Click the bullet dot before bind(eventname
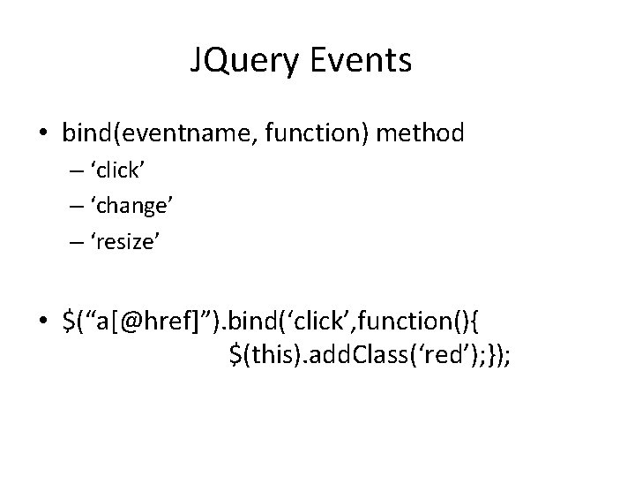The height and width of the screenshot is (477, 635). pyautogui.click(x=43, y=133)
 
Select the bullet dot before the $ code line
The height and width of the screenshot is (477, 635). pyautogui.click(x=43, y=316)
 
